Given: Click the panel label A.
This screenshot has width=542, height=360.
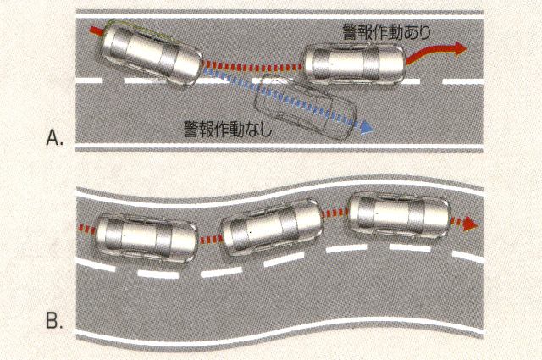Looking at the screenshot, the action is (x=54, y=138).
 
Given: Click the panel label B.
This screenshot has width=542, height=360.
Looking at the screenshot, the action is (x=54, y=321).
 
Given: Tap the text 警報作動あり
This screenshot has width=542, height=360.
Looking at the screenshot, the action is (x=386, y=32).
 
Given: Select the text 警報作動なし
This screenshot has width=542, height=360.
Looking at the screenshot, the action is (x=228, y=129).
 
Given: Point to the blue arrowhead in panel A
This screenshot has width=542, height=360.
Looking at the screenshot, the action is (x=367, y=127).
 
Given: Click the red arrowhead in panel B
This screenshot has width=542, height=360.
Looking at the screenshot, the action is (x=470, y=224).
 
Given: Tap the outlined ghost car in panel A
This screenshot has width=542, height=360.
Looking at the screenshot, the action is (x=305, y=107).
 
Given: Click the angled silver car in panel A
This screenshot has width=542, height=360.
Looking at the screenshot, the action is (x=152, y=53).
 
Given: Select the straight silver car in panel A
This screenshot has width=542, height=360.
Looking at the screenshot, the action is (x=354, y=64).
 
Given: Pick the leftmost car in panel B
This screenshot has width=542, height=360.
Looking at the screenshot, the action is (x=147, y=238).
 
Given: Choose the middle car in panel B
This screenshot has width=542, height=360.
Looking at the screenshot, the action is (x=272, y=227).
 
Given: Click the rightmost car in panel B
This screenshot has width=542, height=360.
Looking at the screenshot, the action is (x=399, y=215).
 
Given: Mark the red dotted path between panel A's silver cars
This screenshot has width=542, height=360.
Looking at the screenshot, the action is (x=252, y=66).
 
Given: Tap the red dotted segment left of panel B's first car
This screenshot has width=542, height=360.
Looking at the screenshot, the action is (x=86, y=230).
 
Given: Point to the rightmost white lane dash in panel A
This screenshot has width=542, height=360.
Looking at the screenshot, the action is (x=462, y=82).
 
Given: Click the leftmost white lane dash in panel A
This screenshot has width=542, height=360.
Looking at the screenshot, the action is (x=89, y=80).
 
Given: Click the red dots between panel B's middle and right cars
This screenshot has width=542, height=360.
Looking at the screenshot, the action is (x=335, y=213).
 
